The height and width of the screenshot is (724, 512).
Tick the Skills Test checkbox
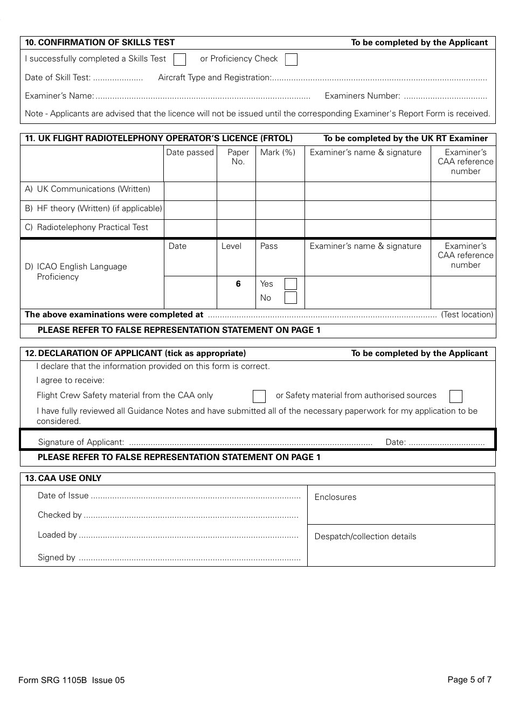pyautogui.click(x=180, y=59)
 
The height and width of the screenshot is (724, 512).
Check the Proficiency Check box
pyautogui.click(x=291, y=59)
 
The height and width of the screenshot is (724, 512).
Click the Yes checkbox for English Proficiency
pyautogui.click(x=290, y=284)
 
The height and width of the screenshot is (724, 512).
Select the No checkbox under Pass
pyautogui.click(x=290, y=298)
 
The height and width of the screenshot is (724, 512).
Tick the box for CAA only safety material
pyautogui.click(x=259, y=396)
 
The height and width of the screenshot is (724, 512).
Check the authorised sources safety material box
pyautogui.click(x=456, y=396)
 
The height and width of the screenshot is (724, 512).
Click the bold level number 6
pyautogui.click(x=238, y=284)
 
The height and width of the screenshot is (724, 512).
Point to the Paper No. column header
pyautogui.click(x=238, y=157)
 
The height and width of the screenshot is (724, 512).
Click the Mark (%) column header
pyautogui.click(x=278, y=152)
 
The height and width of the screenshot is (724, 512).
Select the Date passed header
pyautogui.click(x=190, y=152)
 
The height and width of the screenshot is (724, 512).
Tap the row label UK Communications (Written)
pyautogui.click(x=88, y=189)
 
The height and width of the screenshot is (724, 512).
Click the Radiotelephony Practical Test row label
pyautogui.click(x=87, y=227)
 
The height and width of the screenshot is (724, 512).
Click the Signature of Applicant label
pyautogui.click(x=81, y=442)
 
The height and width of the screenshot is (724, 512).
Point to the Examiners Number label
pyautogui.click(x=362, y=96)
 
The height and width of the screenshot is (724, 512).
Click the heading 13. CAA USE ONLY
pyautogui.click(x=63, y=478)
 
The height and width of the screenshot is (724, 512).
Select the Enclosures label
pyautogui.click(x=335, y=497)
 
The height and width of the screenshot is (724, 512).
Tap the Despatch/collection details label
pyautogui.click(x=365, y=537)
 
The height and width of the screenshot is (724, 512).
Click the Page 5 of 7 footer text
pyautogui.click(x=469, y=680)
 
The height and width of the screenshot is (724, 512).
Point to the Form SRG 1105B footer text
pyautogui.click(x=71, y=680)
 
